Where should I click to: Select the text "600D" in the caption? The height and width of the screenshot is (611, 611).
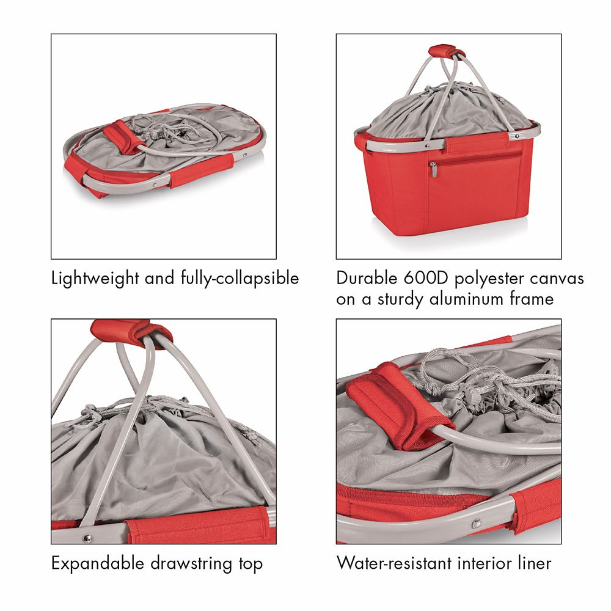[426, 278]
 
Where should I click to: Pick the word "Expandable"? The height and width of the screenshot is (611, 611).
[97, 564]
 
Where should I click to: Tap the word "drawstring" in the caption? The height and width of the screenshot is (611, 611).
[191, 564]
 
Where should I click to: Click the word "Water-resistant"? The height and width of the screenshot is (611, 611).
[394, 563]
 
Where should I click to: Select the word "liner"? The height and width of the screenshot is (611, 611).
[535, 563]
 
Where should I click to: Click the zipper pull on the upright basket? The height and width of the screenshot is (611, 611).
[433, 169]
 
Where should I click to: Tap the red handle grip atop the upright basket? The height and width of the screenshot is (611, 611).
[447, 51]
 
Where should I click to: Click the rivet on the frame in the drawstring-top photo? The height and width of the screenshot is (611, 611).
[87, 538]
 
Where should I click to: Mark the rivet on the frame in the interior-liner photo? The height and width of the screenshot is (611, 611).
[475, 524]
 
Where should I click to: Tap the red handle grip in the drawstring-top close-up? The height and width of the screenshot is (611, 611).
[131, 332]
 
